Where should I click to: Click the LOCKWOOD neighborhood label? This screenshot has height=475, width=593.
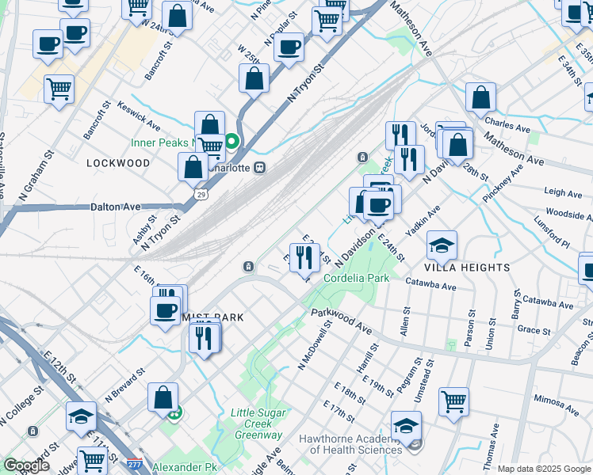click(119, 163)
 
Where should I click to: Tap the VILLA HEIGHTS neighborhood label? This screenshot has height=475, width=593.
click(467, 268)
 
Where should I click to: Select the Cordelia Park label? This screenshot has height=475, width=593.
click(356, 279)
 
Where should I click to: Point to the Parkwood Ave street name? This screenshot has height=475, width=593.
click(341, 321)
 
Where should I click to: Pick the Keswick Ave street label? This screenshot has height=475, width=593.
click(139, 116)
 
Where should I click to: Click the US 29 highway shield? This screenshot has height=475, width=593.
click(201, 193)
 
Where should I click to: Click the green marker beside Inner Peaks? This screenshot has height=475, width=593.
click(231, 142)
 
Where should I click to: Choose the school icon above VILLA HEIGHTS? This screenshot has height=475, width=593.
click(442, 245)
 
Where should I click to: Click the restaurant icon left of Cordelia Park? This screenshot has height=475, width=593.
click(302, 256)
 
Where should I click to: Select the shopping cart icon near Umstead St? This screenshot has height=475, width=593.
click(454, 401)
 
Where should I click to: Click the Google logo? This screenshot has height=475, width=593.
click(26, 465)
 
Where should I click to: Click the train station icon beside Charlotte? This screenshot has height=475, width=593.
click(259, 168)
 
